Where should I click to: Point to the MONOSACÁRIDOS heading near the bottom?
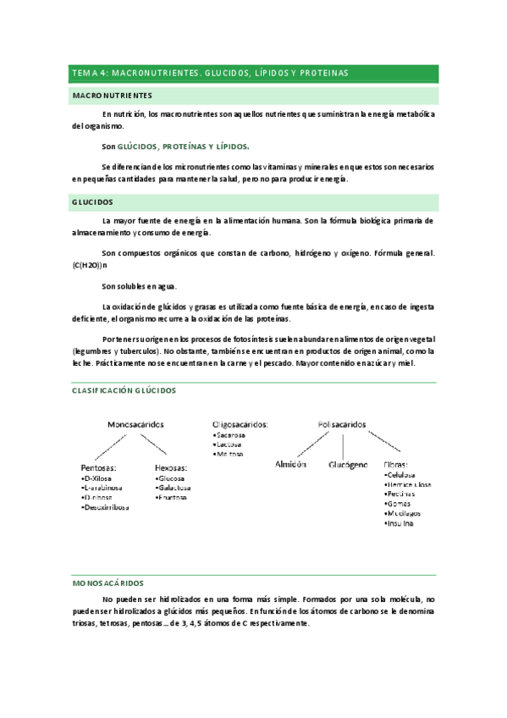point(108,583)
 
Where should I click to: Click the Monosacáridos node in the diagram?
point(135,423)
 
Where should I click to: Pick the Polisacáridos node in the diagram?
point(342,423)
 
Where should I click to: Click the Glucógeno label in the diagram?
point(348,465)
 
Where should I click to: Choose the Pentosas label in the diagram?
point(99,467)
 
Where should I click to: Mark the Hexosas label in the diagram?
point(172,467)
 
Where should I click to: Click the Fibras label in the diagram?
point(396,465)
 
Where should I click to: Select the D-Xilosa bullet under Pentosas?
point(99,478)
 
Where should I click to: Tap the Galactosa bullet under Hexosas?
point(174,488)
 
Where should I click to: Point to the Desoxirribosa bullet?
point(105,507)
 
